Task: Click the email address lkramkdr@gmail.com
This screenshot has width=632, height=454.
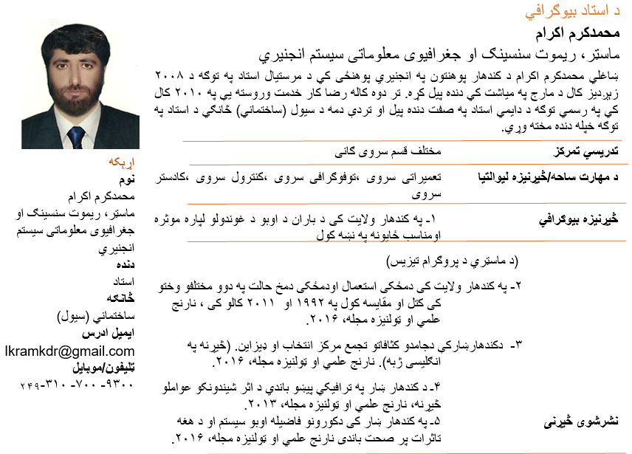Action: click(x=70, y=351)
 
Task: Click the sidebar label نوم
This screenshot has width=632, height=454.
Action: click(x=126, y=179)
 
